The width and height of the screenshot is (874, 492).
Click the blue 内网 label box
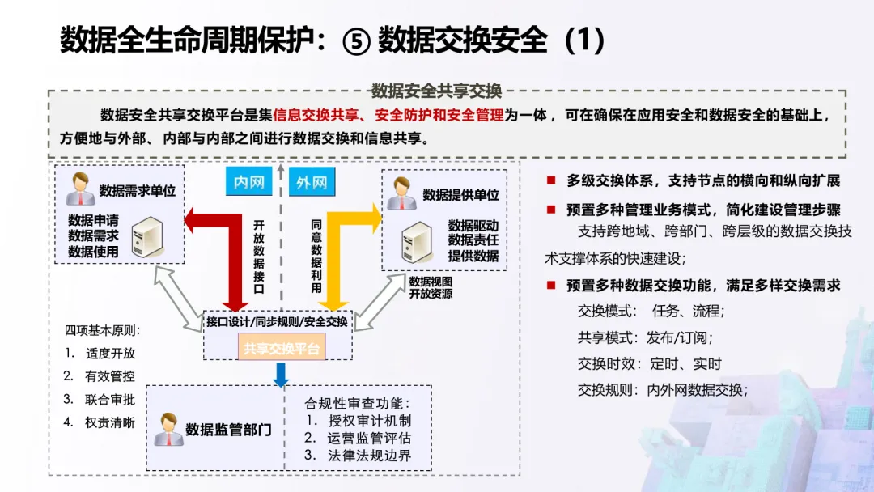click(x=248, y=182)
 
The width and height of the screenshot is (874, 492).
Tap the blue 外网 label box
click(x=310, y=182)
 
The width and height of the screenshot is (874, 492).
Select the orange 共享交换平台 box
click(x=280, y=349)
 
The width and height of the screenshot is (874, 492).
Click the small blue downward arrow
click(x=280, y=374)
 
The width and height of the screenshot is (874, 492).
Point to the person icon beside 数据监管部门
click(x=168, y=429)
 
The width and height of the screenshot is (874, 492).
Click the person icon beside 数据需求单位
click(x=81, y=189)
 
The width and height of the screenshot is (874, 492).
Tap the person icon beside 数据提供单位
click(x=402, y=193)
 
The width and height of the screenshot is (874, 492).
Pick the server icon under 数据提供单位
click(x=418, y=240)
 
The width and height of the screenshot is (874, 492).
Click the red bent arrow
click(x=223, y=243)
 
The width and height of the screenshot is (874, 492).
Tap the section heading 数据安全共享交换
click(x=436, y=90)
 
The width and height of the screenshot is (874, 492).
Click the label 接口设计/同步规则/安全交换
click(x=277, y=322)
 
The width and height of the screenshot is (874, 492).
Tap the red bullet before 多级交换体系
click(x=550, y=180)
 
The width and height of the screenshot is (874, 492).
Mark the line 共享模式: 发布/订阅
click(x=645, y=337)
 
